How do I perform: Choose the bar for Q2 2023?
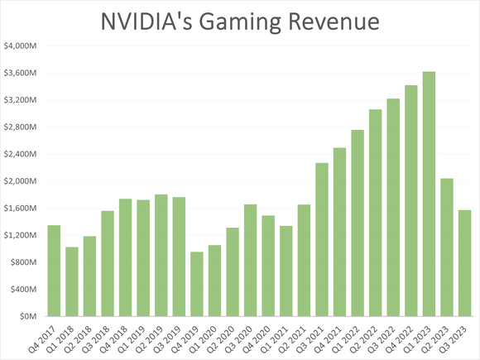click(447, 247)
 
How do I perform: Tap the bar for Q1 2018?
click(71, 281)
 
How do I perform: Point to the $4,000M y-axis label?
click(21, 46)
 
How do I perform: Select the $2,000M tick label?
click(21, 181)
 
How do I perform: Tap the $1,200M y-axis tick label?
click(21, 235)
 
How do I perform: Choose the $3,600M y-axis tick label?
click(21, 73)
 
